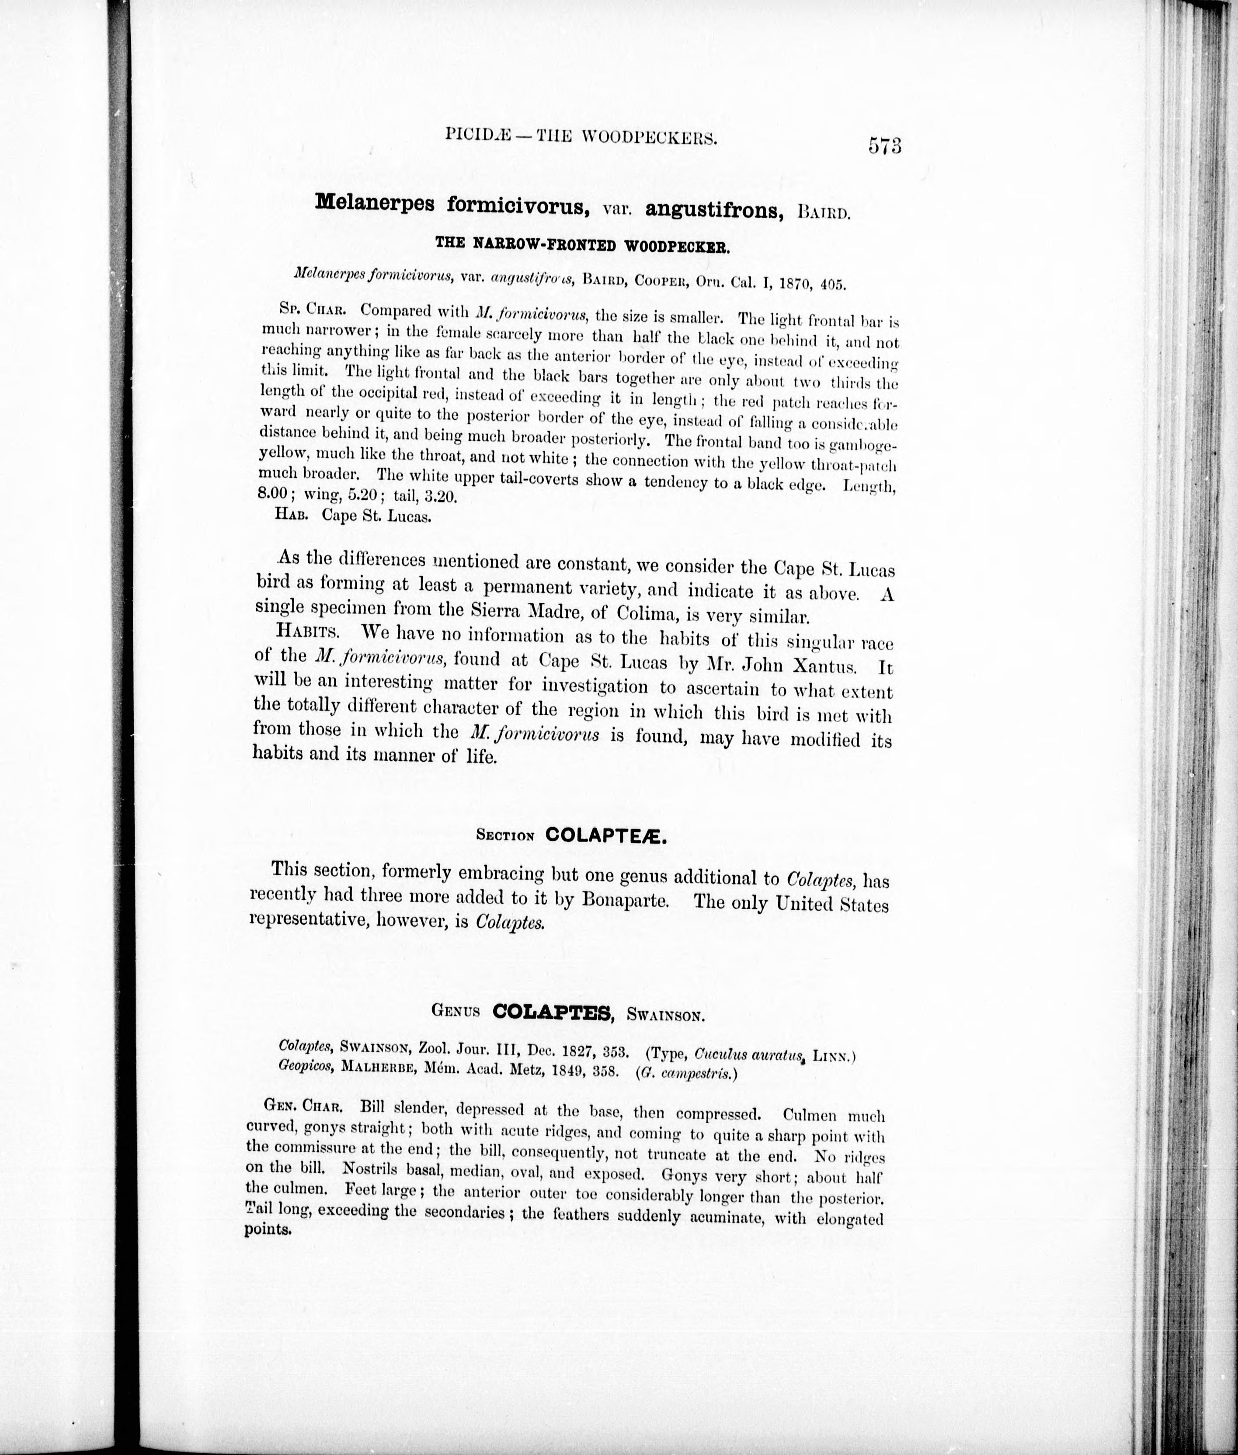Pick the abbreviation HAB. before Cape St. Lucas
(294, 515)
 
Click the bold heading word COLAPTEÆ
(605, 835)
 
